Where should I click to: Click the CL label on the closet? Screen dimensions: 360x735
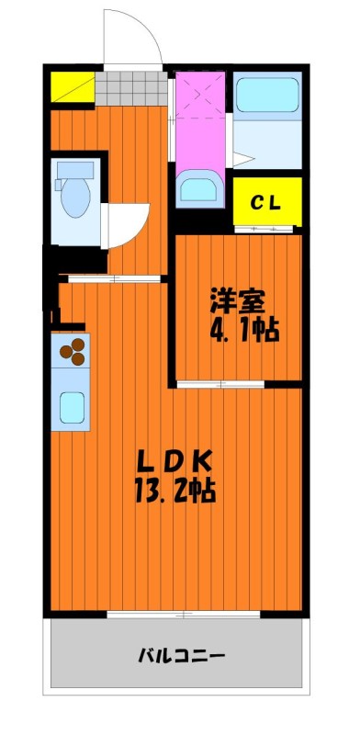[265, 202]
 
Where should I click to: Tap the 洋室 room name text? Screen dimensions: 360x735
[238, 302]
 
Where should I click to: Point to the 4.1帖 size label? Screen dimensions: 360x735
[243, 331]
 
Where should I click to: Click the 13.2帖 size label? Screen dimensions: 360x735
[175, 491]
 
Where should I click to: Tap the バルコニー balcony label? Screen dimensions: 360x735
[181, 654]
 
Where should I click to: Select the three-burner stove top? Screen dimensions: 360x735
[71, 351]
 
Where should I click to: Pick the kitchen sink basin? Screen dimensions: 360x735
[72, 407]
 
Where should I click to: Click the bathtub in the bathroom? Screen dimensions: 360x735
[267, 94]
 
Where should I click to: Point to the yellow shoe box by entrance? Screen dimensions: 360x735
[73, 86]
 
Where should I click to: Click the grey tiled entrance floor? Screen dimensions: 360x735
[131, 88]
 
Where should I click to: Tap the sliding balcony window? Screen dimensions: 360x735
[184, 614]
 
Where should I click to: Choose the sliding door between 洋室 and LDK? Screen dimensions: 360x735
[220, 384]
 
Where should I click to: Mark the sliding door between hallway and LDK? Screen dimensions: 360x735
[115, 279]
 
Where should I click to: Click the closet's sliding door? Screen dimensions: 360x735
[264, 229]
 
